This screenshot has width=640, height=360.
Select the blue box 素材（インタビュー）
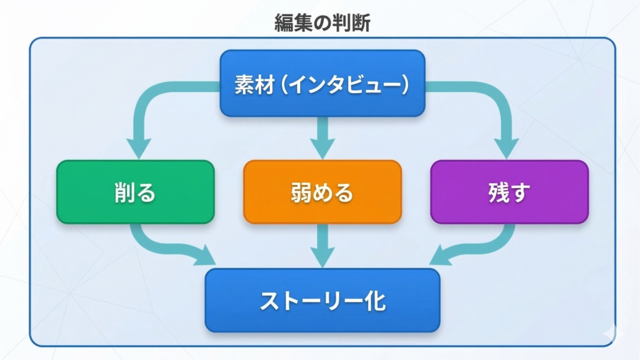tap(322, 83)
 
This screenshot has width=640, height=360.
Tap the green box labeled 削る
tap(135, 192)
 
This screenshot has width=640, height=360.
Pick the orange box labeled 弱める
tap(322, 192)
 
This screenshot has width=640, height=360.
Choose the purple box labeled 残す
tap(509, 192)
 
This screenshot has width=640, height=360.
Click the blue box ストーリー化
tap(322, 301)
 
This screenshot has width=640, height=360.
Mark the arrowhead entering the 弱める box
tap(322, 149)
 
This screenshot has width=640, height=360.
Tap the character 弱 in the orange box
tap(301, 192)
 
